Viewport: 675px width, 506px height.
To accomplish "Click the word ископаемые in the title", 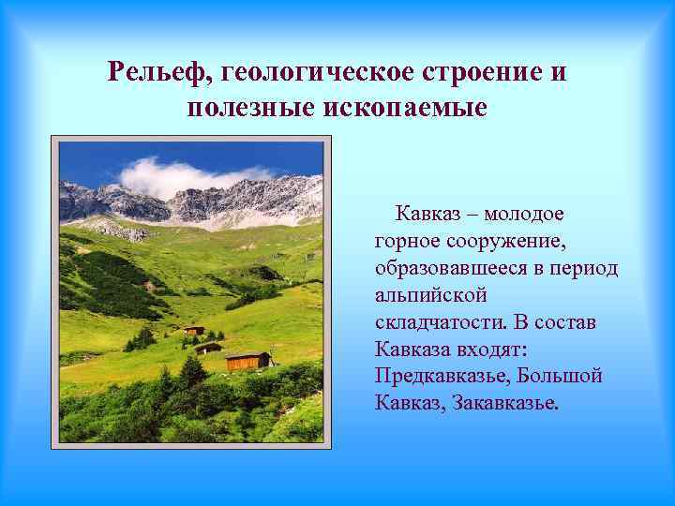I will [x=405, y=108].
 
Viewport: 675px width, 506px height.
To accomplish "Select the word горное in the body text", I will [x=405, y=242].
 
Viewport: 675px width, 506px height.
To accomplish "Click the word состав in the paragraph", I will [x=567, y=323].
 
